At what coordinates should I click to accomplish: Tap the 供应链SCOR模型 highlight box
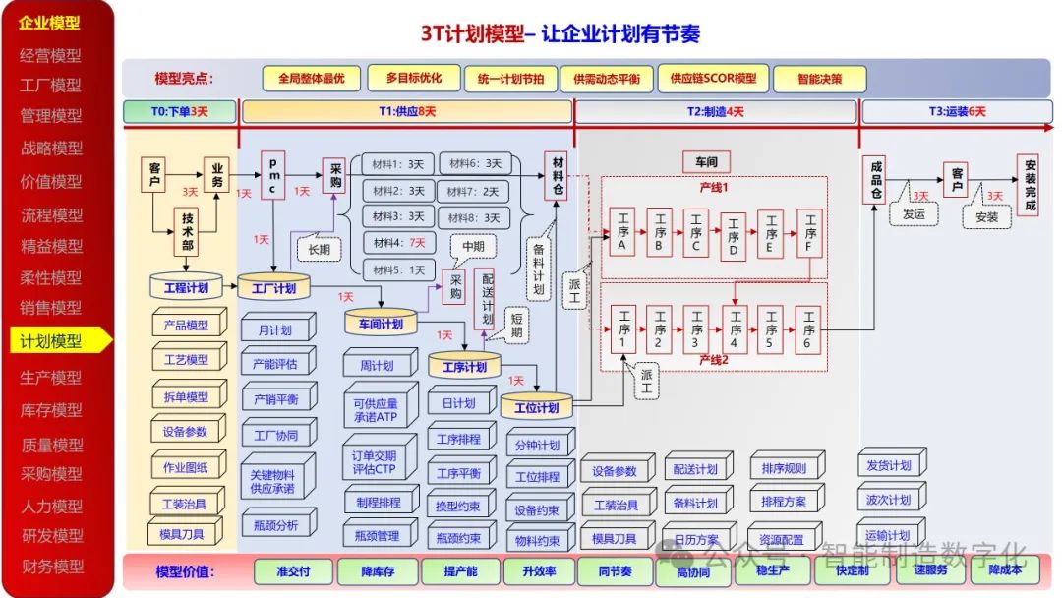(x=713, y=79)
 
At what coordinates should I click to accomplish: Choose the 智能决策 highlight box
(x=819, y=79)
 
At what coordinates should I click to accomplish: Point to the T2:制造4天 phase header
(x=715, y=112)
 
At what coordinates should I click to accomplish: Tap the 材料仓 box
(x=558, y=175)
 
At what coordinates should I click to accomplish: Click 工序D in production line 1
(x=733, y=236)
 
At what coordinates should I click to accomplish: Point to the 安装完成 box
(x=1029, y=184)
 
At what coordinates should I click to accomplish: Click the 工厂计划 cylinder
(x=273, y=287)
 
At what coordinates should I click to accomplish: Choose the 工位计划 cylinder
(x=535, y=405)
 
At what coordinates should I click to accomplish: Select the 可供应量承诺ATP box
(x=375, y=410)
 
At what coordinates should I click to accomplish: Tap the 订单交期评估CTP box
(x=375, y=462)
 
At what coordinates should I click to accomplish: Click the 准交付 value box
(x=293, y=570)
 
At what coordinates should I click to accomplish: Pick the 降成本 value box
(x=1005, y=570)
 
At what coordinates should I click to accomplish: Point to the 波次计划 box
(x=889, y=500)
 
